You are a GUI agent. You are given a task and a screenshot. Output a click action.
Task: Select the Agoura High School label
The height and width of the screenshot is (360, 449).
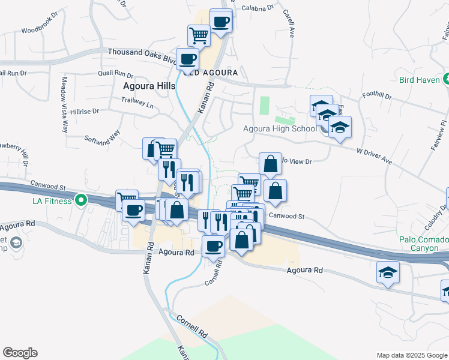click(280, 128)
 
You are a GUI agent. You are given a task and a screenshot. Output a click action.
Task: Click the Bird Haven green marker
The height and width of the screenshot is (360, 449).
click(446, 79)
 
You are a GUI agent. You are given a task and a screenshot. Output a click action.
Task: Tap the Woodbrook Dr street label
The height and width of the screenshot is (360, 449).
click(42, 29)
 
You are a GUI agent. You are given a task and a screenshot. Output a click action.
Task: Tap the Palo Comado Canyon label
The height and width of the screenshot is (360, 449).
click(424, 244)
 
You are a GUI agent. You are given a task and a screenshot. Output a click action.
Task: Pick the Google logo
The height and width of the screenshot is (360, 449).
click(20, 353)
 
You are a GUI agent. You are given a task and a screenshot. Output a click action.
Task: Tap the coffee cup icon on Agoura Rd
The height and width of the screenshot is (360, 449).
click(213, 245)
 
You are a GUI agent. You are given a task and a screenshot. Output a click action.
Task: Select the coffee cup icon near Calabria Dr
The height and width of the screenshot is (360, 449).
click(220, 21)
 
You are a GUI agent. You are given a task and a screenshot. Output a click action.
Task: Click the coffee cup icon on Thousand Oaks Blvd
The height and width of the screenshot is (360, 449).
click(187, 59)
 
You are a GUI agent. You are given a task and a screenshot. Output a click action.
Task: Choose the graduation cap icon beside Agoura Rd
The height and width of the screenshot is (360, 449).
click(388, 272)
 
